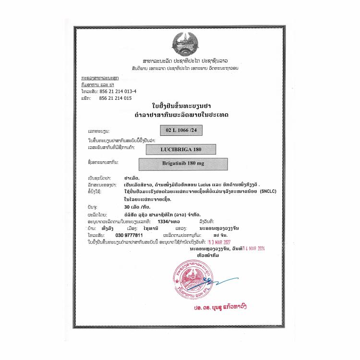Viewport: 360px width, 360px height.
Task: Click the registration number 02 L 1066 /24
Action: click(182, 130)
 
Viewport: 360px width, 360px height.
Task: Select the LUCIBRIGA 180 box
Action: click(182, 149)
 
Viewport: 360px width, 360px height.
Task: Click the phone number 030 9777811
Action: click(129, 236)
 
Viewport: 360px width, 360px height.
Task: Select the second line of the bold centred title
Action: click(181, 116)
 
